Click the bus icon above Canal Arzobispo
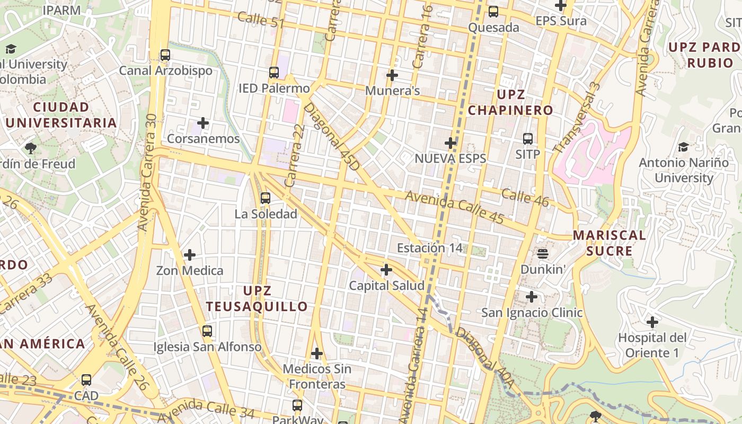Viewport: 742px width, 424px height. click(165, 55)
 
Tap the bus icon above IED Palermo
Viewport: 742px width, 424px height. click(274, 73)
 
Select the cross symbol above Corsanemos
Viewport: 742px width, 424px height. click(203, 123)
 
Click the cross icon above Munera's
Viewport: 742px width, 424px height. click(392, 75)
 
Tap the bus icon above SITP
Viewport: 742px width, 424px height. click(528, 139)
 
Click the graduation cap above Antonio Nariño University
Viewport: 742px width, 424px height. click(684, 147)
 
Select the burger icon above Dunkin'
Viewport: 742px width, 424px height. click(542, 254)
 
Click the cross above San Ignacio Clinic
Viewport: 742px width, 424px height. click(532, 297)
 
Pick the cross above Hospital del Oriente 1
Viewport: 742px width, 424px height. click(652, 322)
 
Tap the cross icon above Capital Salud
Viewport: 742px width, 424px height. click(386, 270)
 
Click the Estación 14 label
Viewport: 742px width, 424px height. click(429, 248)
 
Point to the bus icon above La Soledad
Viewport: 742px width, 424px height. click(266, 199)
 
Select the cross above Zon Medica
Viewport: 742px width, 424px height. click(190, 255)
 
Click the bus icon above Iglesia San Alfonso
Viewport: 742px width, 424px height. click(207, 331)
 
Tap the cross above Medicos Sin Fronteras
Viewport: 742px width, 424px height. click(317, 353)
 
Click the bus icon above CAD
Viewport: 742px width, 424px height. click(86, 380)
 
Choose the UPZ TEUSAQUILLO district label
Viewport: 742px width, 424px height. click(257, 298)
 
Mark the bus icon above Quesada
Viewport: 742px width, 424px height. click(493, 11)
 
